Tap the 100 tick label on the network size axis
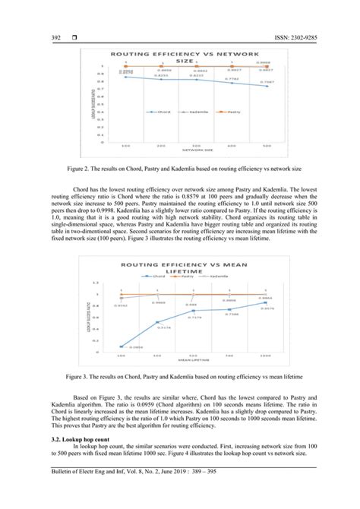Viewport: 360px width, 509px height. pyautogui.click(x=125, y=146)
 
